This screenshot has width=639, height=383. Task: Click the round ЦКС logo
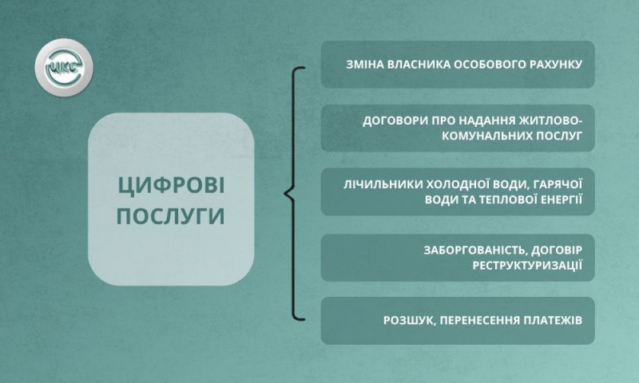click(64, 68)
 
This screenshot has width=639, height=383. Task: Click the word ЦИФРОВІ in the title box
click(172, 187)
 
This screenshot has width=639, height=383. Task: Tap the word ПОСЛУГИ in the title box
click(171, 215)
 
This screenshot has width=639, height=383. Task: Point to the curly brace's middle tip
click(285, 193)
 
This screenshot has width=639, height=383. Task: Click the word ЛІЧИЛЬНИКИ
click(383, 185)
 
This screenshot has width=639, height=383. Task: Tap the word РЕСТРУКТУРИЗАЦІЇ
click(527, 266)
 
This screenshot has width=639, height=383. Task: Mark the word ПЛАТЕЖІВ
click(553, 320)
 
